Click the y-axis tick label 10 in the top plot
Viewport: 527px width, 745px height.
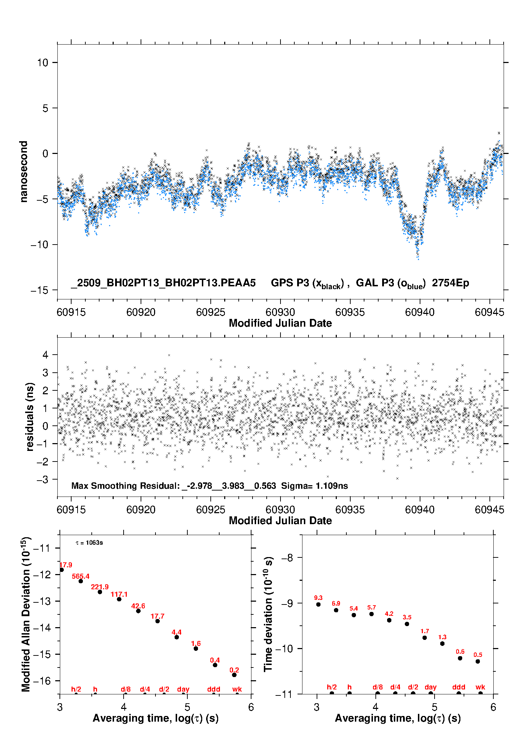(42, 63)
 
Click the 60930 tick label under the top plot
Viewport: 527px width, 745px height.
(280, 312)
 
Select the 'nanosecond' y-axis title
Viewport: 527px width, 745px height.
(24, 172)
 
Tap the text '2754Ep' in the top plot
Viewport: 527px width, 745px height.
(450, 283)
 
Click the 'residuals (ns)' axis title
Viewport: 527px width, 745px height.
(30, 417)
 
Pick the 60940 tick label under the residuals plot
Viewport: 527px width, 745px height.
(420, 510)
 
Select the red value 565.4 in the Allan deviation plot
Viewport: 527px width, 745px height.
(81, 577)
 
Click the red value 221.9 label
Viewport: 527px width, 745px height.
(100, 587)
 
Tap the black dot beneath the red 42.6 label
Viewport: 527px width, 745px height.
(138, 611)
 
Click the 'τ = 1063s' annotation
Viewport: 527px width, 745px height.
(89, 543)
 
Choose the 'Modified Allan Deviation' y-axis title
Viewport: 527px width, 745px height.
(26, 614)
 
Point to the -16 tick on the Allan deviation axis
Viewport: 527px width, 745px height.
(42, 681)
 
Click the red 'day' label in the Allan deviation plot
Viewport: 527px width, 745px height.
(183, 689)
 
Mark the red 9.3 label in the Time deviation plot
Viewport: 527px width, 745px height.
(318, 598)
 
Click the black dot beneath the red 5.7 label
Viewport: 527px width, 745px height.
(372, 614)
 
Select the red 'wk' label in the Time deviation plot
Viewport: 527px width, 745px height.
(480, 687)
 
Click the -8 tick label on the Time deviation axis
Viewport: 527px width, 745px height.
(287, 558)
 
